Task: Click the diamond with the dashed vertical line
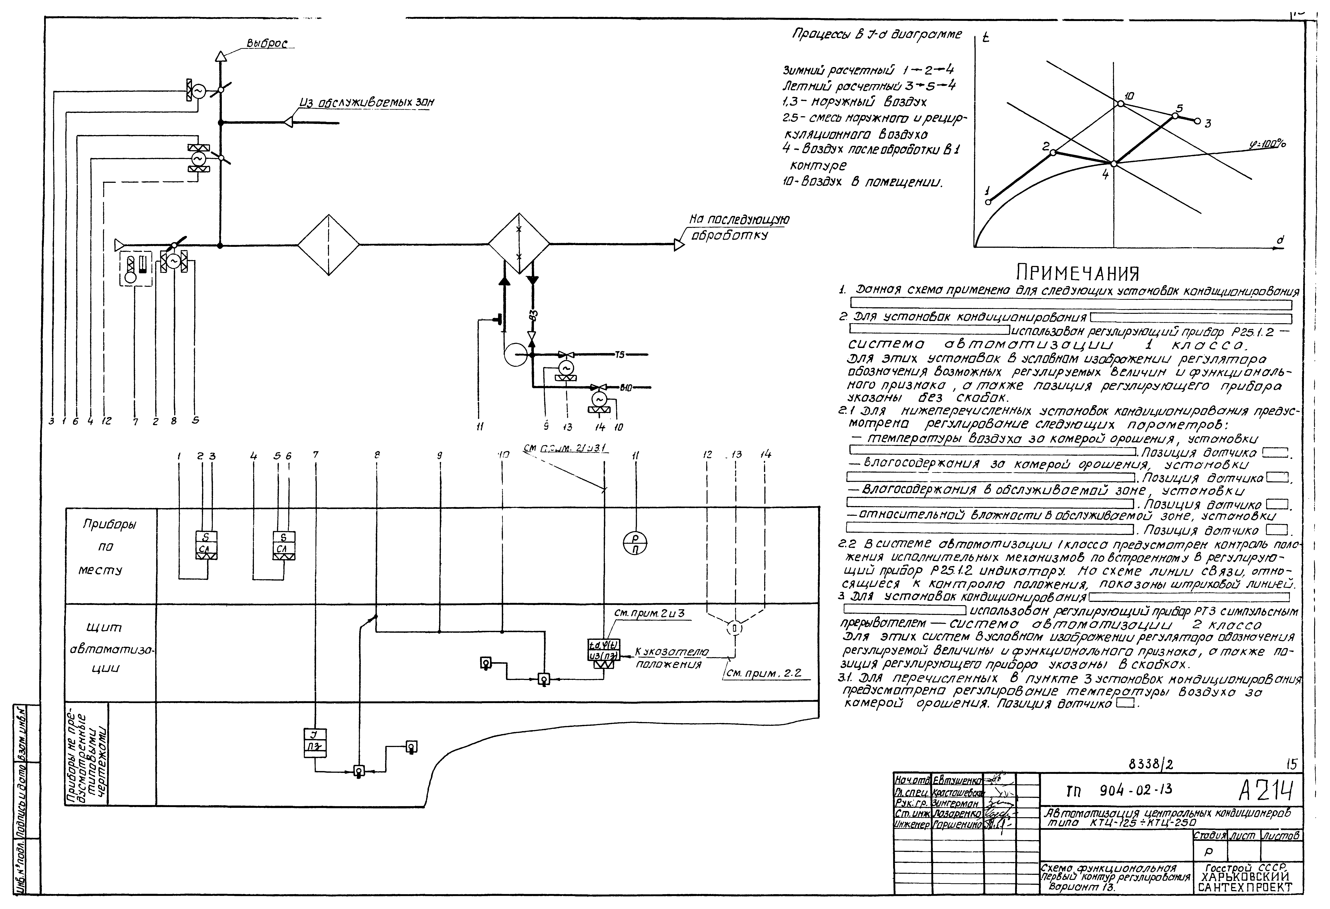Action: coord(328,245)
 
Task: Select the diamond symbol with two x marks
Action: coord(519,245)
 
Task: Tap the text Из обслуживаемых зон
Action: coord(366,103)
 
